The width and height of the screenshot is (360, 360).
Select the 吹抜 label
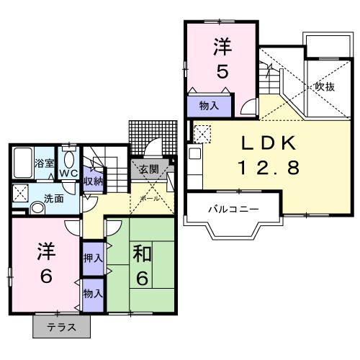pyautogui.click(x=325, y=86)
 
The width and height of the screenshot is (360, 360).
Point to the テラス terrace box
pyautogui.click(x=63, y=328)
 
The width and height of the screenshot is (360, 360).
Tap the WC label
pyautogui.click(x=68, y=174)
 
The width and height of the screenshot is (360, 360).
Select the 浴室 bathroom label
pyautogui.click(x=45, y=163)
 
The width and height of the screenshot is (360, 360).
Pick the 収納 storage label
pyautogui.click(x=92, y=180)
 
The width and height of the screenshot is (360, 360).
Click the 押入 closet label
pyautogui.click(x=93, y=257)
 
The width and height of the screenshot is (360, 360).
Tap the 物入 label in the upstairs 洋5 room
pyautogui.click(x=209, y=106)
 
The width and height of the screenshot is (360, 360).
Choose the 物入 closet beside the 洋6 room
pyautogui.click(x=93, y=294)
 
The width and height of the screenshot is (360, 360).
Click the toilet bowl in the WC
pyautogui.click(x=70, y=159)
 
